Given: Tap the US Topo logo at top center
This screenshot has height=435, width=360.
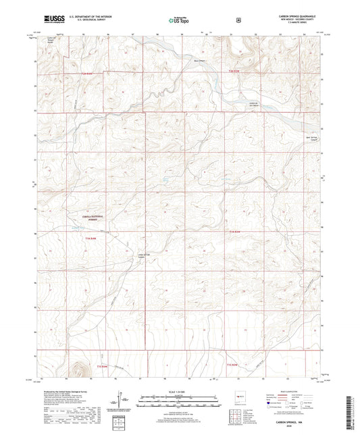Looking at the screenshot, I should point(179,20).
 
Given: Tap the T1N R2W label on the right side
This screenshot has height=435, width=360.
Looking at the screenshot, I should point(234,232).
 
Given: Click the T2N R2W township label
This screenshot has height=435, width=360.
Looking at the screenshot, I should point(233,71).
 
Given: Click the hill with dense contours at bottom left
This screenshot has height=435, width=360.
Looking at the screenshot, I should point(80,369).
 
